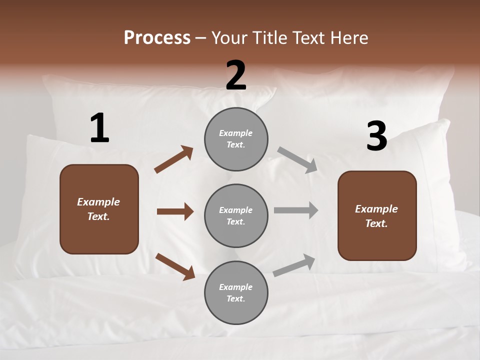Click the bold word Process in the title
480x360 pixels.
pos(157,38)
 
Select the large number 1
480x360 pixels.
pos(99,128)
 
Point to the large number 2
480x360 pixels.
pos(236,75)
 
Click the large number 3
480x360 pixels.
pos(376,136)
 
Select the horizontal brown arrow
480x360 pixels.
pos(175,211)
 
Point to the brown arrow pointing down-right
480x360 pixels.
pos(175,266)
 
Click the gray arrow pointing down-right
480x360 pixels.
pos(297,159)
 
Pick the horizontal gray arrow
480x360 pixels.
pos(296,210)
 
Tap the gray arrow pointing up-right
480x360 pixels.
pos(294,265)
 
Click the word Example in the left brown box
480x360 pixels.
pos(98,202)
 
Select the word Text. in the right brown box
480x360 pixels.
pos(376,223)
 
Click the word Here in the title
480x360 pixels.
pos(348,38)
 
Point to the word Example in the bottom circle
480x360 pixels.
pos(236,287)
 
